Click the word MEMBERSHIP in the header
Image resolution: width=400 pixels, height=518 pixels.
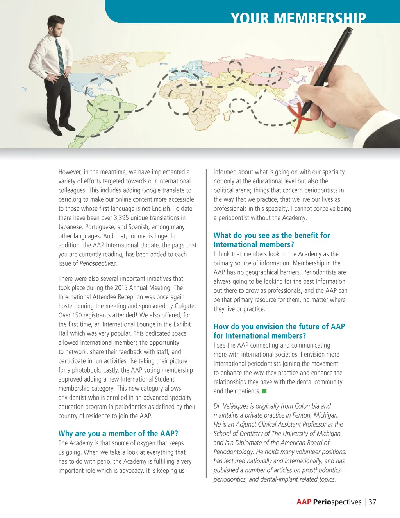pos(320,19)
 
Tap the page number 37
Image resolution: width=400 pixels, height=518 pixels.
pos(372,502)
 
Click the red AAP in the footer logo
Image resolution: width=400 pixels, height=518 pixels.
pos(304,502)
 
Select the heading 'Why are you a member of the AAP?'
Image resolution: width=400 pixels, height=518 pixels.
pos(118,433)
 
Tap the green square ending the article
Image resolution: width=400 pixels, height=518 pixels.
pos(264,391)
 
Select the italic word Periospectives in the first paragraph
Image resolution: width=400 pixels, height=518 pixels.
pos(98,263)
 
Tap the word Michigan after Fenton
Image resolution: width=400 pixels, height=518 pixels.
pos(326,415)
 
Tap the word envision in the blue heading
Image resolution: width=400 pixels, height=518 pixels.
pos(269,326)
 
